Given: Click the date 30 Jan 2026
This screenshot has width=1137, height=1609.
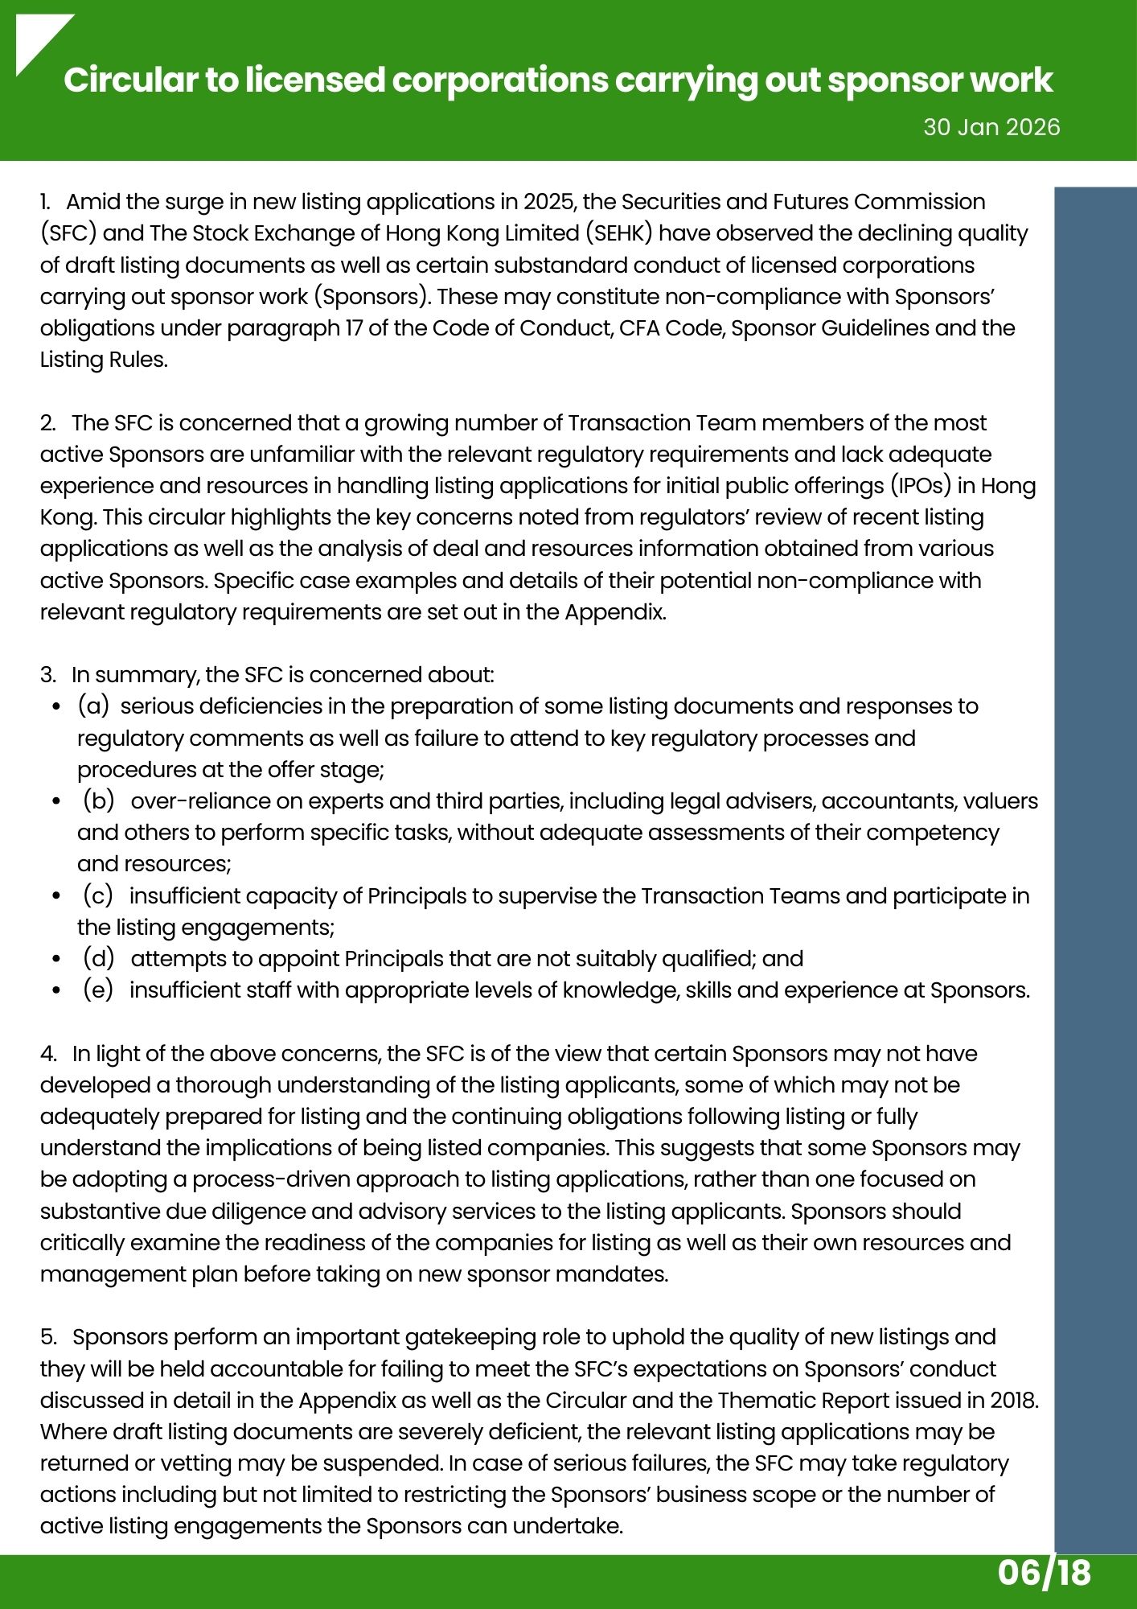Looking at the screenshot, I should click(x=991, y=127).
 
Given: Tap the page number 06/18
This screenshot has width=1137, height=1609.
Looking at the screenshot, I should click(x=1045, y=1571).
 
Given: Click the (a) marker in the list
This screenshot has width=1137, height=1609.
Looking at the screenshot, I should click(x=93, y=706).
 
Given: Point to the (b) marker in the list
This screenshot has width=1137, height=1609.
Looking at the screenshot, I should click(x=99, y=801).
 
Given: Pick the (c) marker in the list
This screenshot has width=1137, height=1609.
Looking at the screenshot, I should click(x=98, y=895).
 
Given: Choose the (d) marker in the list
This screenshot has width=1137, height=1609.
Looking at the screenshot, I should click(x=99, y=959).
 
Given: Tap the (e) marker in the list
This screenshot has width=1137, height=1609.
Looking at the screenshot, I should click(x=98, y=990).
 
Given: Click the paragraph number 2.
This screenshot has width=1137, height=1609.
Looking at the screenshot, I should click(x=47, y=423).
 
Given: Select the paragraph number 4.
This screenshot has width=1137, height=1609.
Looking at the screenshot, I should click(x=48, y=1054).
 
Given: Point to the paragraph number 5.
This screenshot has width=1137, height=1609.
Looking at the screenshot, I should click(x=48, y=1337).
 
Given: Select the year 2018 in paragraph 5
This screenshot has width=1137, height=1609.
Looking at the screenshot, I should click(x=1012, y=1401).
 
